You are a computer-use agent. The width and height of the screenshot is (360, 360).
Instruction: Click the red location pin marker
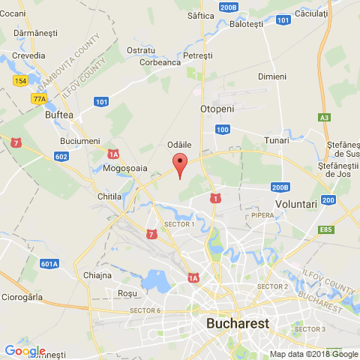(x=179, y=163)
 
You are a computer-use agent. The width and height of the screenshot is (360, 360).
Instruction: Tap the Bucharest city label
(x=238, y=324)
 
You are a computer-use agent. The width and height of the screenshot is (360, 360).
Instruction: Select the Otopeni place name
(x=217, y=109)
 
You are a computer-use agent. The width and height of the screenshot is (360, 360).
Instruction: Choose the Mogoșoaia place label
(x=126, y=169)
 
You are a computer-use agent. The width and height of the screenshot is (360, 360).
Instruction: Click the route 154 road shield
(x=20, y=80)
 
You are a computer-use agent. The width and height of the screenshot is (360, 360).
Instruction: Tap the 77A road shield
(x=39, y=98)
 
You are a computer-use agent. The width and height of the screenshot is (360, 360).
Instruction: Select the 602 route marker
(x=61, y=156)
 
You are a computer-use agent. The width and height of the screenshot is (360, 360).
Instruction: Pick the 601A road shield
(x=49, y=263)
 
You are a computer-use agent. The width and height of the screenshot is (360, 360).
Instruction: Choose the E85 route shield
(x=326, y=229)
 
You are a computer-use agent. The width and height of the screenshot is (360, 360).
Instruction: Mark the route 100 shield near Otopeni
(x=222, y=130)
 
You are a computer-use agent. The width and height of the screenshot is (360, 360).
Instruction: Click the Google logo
(x=24, y=350)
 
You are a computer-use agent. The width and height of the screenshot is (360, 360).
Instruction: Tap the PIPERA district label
(x=262, y=214)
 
